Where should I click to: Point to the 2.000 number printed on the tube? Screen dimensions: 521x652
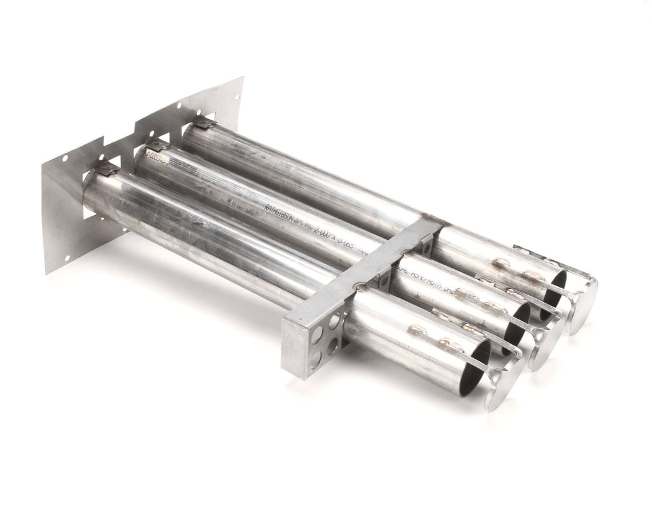click(x=331, y=235)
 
